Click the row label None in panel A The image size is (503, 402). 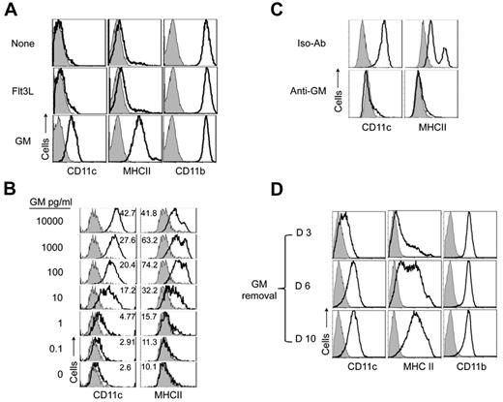(21, 44)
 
